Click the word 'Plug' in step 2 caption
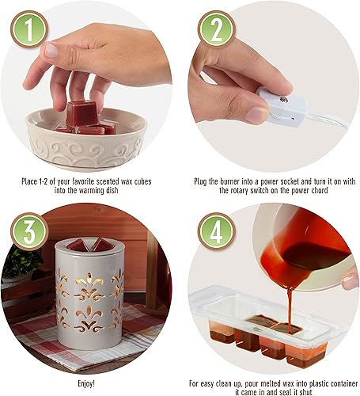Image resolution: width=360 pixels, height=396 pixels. pyautogui.click(x=202, y=181)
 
